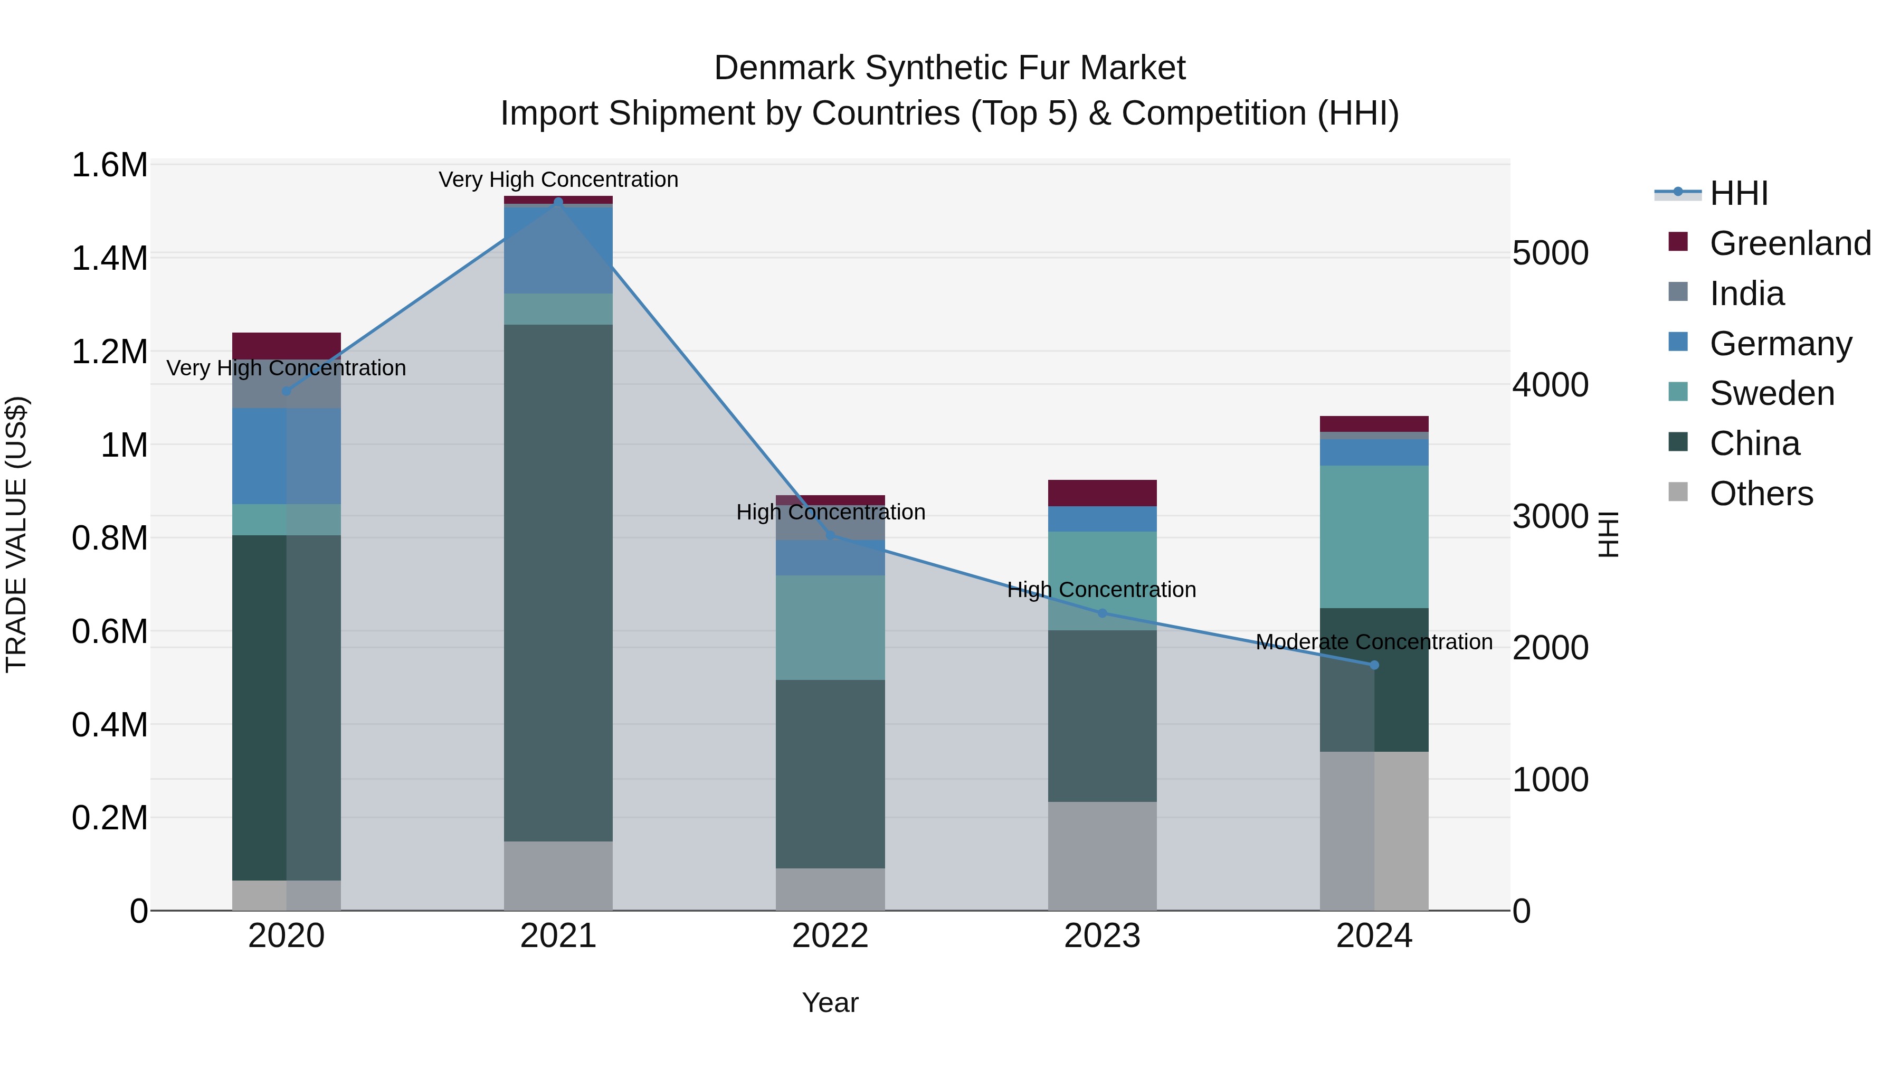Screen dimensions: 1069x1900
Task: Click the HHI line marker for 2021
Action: click(558, 202)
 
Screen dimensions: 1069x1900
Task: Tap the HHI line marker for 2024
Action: click(1374, 665)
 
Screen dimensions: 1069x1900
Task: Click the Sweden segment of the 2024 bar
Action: click(1374, 536)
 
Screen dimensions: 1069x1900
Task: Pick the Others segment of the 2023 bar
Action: click(1102, 856)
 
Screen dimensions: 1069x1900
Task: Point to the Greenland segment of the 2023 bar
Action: click(1102, 493)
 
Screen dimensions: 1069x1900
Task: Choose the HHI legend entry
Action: click(1738, 193)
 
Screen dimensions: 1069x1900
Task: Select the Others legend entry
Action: click(1761, 494)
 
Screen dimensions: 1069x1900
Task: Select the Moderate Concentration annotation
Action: click(1374, 642)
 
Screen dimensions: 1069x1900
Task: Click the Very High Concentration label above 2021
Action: click(558, 179)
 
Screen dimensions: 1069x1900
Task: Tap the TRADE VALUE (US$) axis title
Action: click(16, 534)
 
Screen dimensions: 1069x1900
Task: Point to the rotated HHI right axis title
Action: click(1608, 534)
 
